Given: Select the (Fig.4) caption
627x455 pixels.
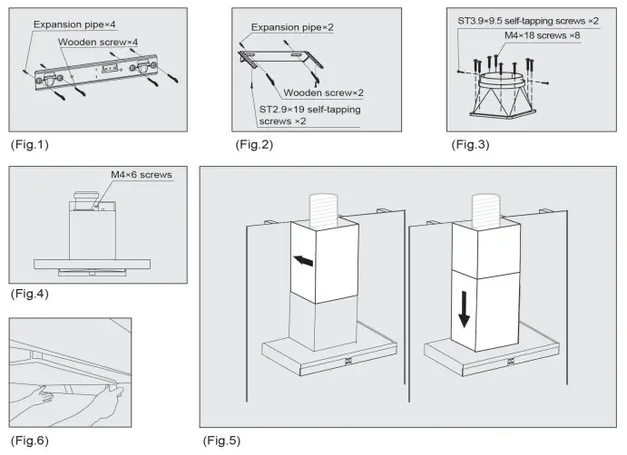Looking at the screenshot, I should (27, 295).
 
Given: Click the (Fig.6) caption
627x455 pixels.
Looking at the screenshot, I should (27, 441).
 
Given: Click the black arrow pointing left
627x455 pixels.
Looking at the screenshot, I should (306, 262).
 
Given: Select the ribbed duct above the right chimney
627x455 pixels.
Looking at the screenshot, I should (486, 209).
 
